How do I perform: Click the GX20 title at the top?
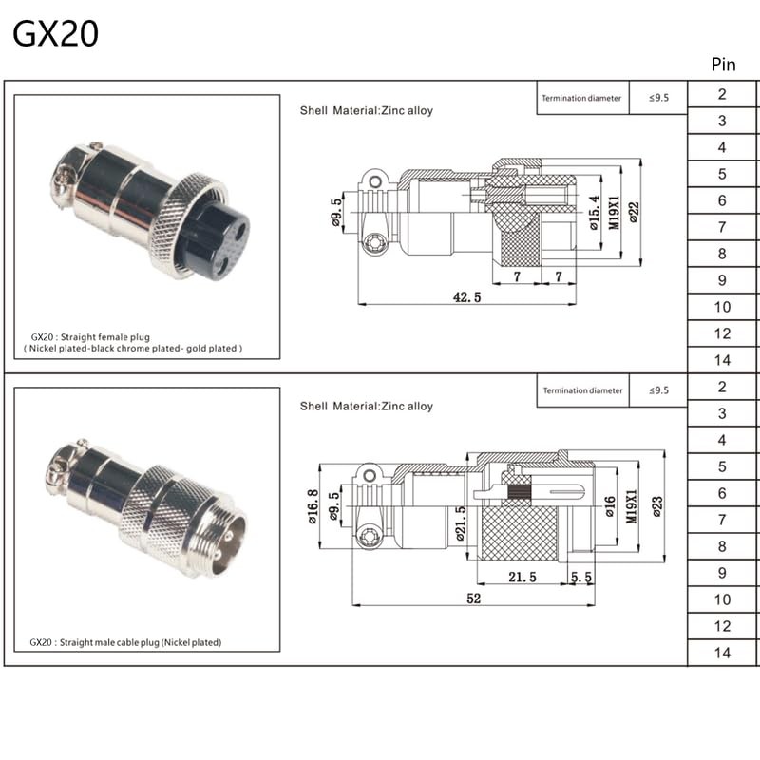[55, 34]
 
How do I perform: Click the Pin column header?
[723, 65]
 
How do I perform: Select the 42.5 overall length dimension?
[466, 296]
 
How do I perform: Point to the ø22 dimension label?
[634, 212]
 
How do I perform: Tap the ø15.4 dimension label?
[595, 212]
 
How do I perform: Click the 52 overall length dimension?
[473, 598]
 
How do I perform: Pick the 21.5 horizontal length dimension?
[522, 577]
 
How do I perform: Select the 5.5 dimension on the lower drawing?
[580, 577]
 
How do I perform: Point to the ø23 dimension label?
[656, 507]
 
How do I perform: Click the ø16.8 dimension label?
[313, 506]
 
